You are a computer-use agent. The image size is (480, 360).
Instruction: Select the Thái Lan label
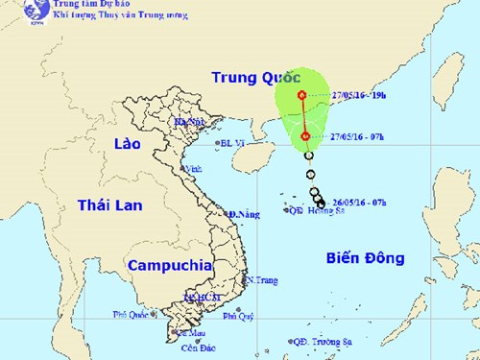click(x=109, y=204)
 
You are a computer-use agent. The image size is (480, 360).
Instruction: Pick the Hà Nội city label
click(x=190, y=122)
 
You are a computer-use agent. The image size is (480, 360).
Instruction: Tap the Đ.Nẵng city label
click(x=245, y=214)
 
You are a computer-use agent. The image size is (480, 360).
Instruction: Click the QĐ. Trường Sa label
click(x=324, y=341)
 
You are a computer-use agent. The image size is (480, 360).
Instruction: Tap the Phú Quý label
click(x=237, y=315)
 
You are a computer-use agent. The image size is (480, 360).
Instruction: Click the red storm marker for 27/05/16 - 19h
click(x=302, y=94)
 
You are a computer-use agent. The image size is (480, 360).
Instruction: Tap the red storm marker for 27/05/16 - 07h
click(x=305, y=136)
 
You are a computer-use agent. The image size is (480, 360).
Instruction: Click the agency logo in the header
click(x=13, y=12)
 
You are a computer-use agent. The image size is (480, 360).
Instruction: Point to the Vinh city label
click(x=193, y=170)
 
